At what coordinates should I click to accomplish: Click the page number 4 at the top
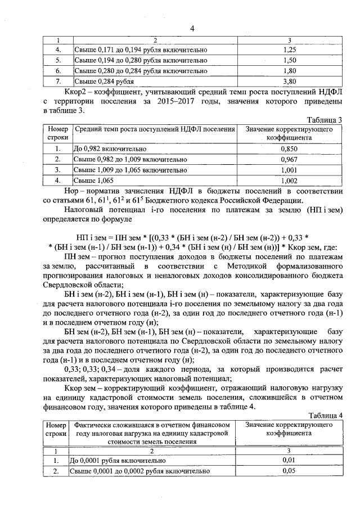tap(192, 29)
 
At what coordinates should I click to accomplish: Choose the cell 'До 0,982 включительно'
tap(110, 149)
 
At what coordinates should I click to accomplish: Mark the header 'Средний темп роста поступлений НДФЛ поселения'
tap(155, 129)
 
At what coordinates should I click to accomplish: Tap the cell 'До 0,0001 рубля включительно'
tap(117, 461)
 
